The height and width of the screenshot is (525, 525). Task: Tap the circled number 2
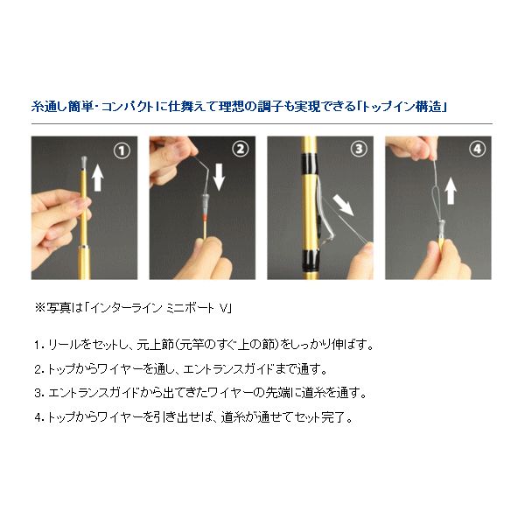coord(239,150)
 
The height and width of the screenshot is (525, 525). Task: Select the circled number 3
coord(357,150)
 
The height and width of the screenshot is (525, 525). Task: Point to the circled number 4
coord(476,150)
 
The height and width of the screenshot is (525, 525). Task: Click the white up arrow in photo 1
coord(98,177)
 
